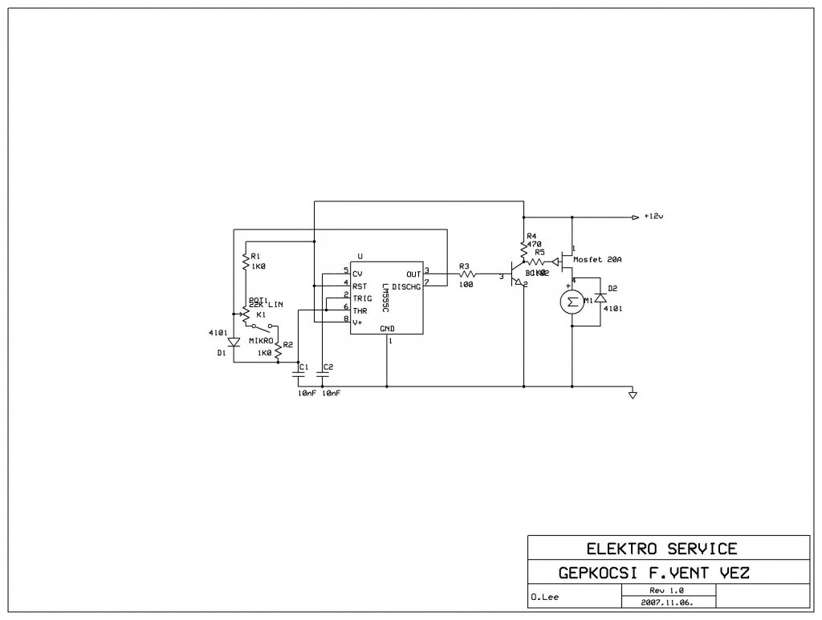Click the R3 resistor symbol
click(x=466, y=274)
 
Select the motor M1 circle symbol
click(x=572, y=302)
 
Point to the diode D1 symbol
click(x=234, y=342)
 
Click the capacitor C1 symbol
click(x=300, y=372)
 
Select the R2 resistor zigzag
click(x=278, y=351)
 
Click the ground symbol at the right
click(x=633, y=394)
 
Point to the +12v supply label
click(x=654, y=217)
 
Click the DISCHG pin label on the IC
click(x=406, y=286)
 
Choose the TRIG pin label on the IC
click(x=361, y=298)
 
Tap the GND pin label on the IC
click(x=387, y=329)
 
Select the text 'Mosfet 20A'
click(x=599, y=260)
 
